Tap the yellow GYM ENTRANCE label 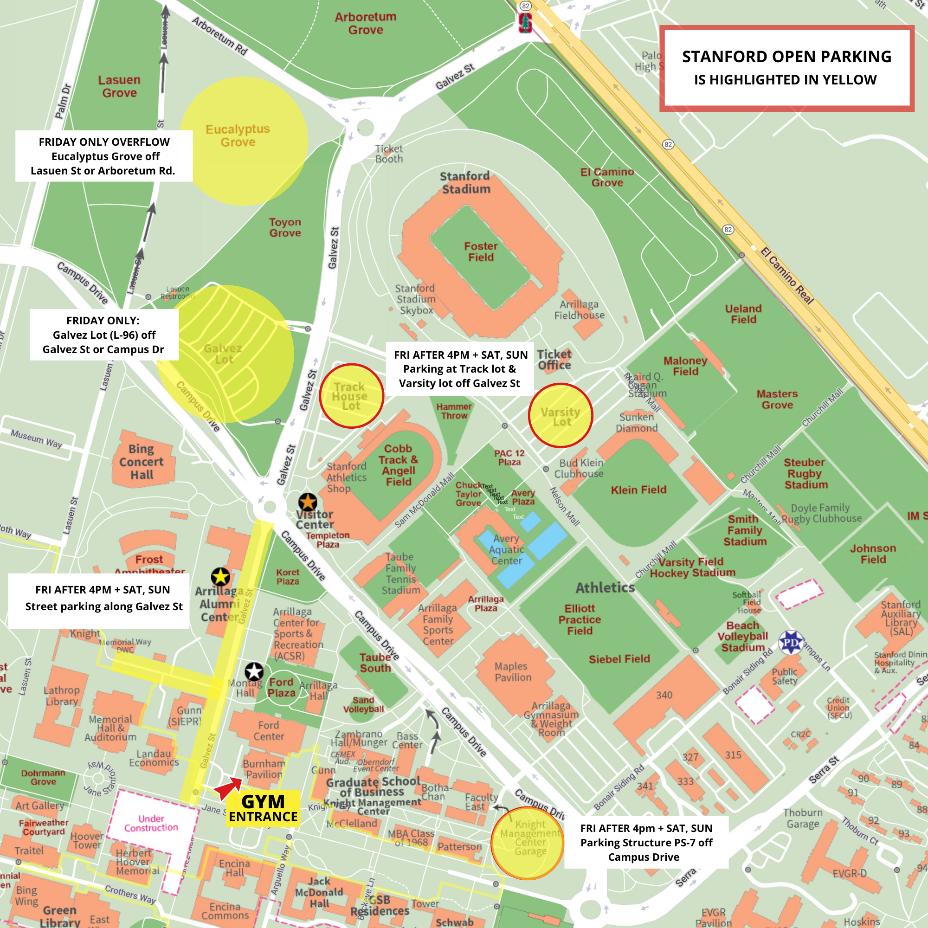263,808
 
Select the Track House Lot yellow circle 351,396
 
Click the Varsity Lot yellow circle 560,415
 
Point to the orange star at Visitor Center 308,502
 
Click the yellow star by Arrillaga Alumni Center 220,576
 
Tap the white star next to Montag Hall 254,671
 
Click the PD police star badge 790,642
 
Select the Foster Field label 481,251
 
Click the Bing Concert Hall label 141,462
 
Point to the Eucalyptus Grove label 238,135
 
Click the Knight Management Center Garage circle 528,844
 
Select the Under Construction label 151,823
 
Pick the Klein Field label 638,490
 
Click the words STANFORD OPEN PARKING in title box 786,57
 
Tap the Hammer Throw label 454,411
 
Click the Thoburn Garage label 803,818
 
